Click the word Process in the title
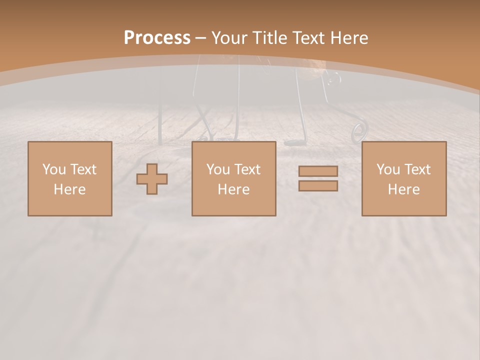[x=157, y=38]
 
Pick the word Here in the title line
[x=349, y=38]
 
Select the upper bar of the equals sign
[x=318, y=171]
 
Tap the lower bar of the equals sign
[x=318, y=186]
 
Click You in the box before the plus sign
[x=53, y=169]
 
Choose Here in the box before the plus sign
[x=69, y=189]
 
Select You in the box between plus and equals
[x=217, y=169]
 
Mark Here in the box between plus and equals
[x=233, y=189]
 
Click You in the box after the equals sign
[x=387, y=169]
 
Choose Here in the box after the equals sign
[x=403, y=189]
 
